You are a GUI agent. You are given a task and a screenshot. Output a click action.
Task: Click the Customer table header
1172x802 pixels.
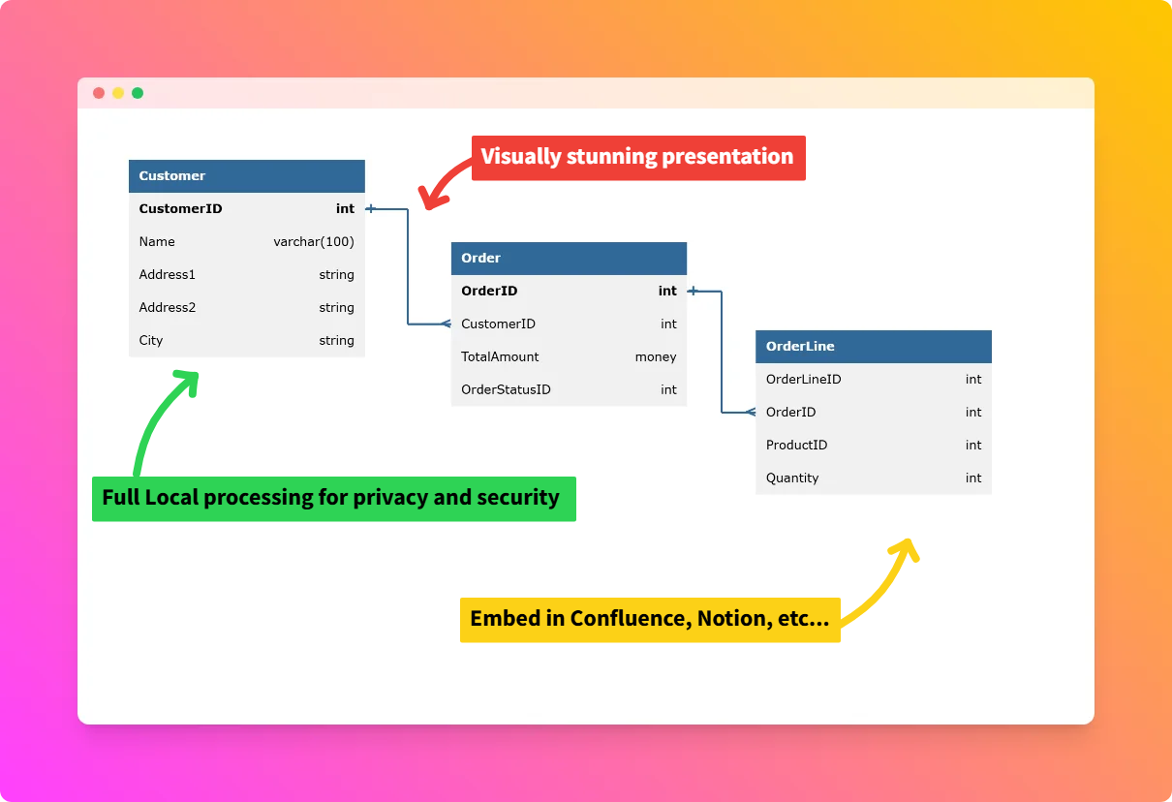[246, 176]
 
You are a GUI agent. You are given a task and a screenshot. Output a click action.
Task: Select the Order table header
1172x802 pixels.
[569, 259]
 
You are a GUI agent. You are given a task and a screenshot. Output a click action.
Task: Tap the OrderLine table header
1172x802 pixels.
[873, 347]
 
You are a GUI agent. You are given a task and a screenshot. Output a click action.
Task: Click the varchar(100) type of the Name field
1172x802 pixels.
[314, 242]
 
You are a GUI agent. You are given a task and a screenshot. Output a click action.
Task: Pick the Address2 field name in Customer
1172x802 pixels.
[168, 308]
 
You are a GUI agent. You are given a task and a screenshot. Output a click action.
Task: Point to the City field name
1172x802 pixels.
[151, 341]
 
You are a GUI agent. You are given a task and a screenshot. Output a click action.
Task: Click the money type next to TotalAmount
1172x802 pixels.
[656, 357]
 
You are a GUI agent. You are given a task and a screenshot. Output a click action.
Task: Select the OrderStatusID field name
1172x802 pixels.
[506, 390]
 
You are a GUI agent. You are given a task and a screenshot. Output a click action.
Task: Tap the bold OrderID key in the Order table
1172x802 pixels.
[489, 292]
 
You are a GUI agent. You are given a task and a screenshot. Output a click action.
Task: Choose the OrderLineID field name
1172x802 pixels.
[803, 380]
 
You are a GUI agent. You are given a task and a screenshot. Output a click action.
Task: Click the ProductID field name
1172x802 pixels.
[796, 446]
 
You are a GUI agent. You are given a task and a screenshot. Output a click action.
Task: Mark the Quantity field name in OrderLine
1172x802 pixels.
[792, 478]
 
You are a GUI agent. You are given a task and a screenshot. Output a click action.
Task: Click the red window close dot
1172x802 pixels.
[99, 93]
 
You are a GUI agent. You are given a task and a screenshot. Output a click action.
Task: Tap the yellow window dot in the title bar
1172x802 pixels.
[118, 93]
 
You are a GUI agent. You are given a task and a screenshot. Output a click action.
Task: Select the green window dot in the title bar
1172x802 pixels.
[138, 93]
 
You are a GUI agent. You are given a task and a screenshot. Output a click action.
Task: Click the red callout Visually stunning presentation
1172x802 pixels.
[638, 157]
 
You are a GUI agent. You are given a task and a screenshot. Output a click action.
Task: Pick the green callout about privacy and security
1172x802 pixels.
[333, 499]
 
